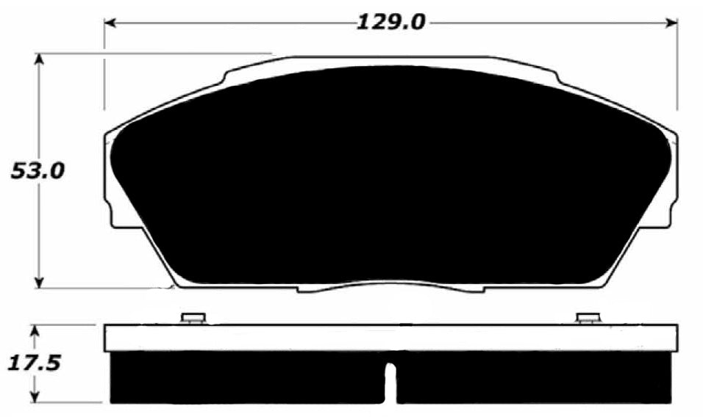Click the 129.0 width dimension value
(390, 22)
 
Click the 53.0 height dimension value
(38, 171)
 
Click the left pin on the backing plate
(193, 318)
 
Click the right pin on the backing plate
(588, 318)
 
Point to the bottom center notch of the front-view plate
(390, 289)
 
